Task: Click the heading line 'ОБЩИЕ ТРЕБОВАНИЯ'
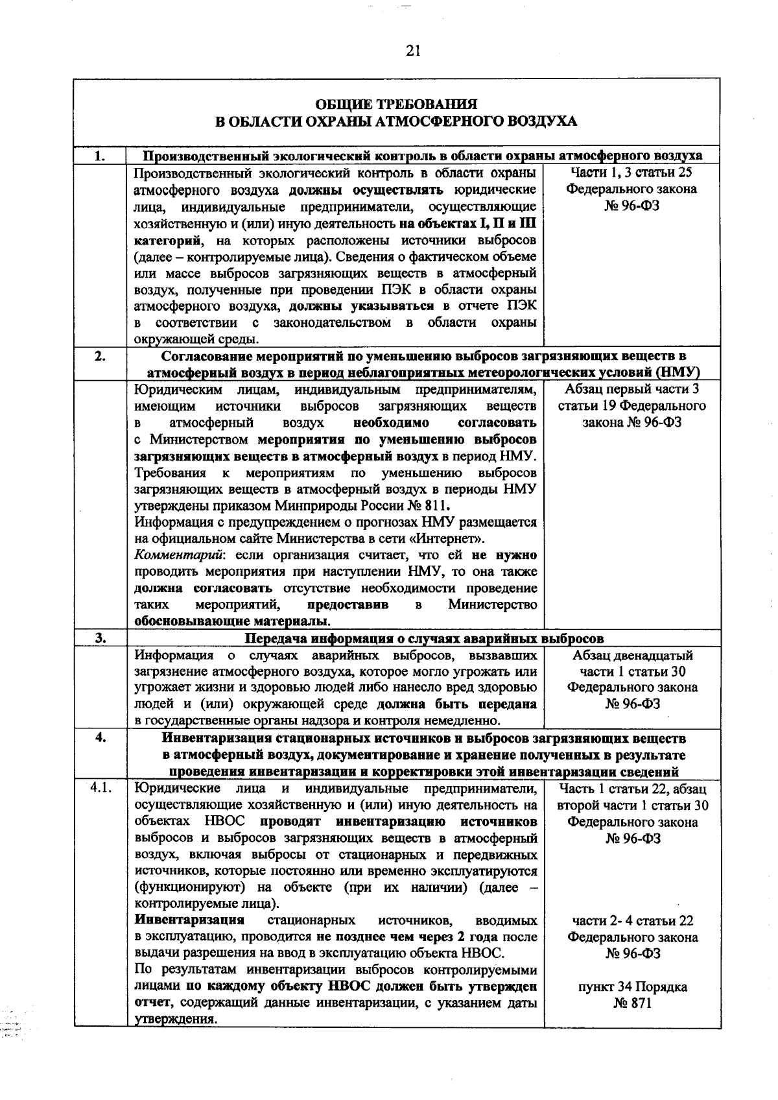pos(396,104)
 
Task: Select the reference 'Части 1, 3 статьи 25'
pos(632,173)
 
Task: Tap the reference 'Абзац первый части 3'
pos(632,389)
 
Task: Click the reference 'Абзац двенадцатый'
pos(632,655)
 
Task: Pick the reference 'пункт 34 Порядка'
pos(632,987)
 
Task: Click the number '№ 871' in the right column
pos(632,1004)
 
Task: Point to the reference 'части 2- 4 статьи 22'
pos(632,921)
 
